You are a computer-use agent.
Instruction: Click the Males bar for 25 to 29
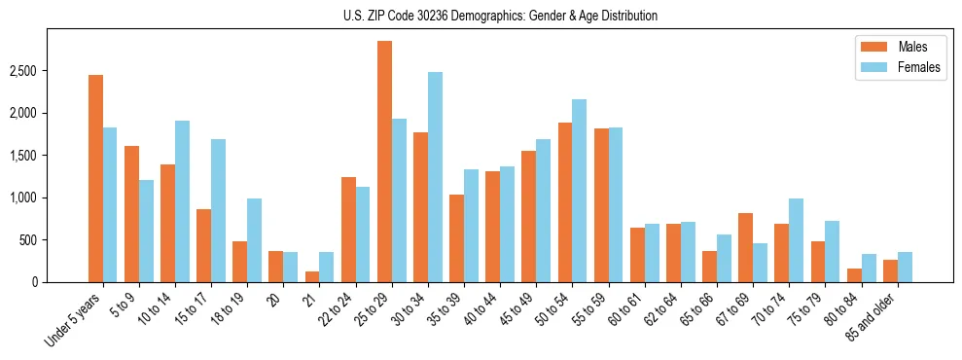(384, 162)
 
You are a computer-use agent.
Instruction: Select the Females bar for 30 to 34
(435, 177)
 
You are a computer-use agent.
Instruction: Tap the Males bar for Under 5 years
(95, 178)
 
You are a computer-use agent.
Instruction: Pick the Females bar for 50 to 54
(579, 191)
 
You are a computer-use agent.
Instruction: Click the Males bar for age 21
(312, 276)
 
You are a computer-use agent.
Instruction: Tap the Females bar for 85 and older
(905, 267)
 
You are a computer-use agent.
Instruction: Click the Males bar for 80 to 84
(854, 275)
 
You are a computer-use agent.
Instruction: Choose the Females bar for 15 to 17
(218, 210)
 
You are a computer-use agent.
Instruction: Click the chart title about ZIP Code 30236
(500, 16)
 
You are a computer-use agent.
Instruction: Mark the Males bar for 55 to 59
(601, 205)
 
